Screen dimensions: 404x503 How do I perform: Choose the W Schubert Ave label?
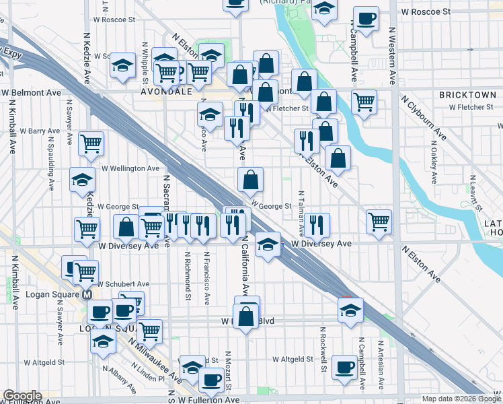coord(124,284)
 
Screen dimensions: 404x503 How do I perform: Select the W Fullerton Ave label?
coord(208,400)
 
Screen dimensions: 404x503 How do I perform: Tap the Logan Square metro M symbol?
coord(87,296)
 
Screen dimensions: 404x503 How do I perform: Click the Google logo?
coord(22,396)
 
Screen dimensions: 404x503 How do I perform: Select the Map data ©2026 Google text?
coord(460,399)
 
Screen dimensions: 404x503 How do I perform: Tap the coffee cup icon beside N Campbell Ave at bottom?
coord(345,367)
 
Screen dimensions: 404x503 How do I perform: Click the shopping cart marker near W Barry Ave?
coord(91,143)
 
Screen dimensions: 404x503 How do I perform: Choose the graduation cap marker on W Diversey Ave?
coord(268,244)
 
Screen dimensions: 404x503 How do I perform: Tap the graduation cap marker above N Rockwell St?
coord(350,310)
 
